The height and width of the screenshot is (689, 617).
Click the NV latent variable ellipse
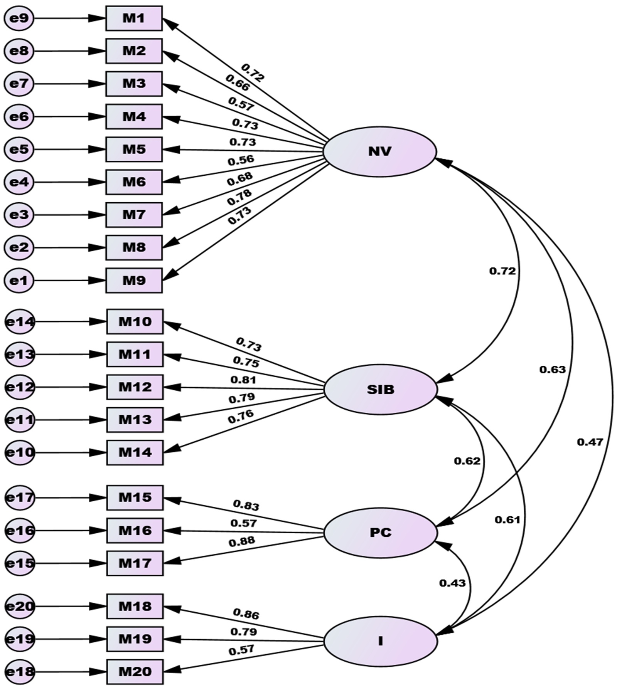pyautogui.click(x=380, y=152)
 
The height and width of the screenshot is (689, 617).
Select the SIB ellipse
pyautogui.click(x=381, y=390)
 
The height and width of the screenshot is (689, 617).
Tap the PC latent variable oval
pyautogui.click(x=381, y=533)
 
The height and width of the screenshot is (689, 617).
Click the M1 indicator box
pyautogui.click(x=134, y=18)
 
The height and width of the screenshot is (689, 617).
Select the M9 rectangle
pyautogui.click(x=134, y=281)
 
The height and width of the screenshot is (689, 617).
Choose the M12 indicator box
pyautogui.click(x=135, y=387)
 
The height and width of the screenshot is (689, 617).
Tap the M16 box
pyautogui.click(x=135, y=531)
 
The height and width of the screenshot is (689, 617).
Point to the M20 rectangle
pyautogui.click(x=135, y=672)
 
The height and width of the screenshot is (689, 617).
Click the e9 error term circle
pyautogui.click(x=19, y=18)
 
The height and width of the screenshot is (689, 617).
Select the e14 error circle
pyautogui.click(x=20, y=322)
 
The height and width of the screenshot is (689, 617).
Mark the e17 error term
pyautogui.click(x=20, y=497)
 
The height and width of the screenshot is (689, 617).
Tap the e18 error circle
pyautogui.click(x=20, y=672)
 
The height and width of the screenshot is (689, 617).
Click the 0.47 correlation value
pyautogui.click(x=590, y=442)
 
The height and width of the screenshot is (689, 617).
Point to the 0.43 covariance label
pyautogui.click(x=452, y=583)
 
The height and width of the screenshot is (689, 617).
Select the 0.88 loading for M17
pyautogui.click(x=242, y=541)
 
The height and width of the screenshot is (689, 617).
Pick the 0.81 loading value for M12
pyautogui.click(x=243, y=380)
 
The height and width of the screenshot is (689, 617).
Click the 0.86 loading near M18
pyautogui.click(x=246, y=614)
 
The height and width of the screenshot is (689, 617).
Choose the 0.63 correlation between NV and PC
pyautogui.click(x=552, y=370)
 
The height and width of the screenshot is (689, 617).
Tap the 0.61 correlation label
pyautogui.click(x=507, y=520)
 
